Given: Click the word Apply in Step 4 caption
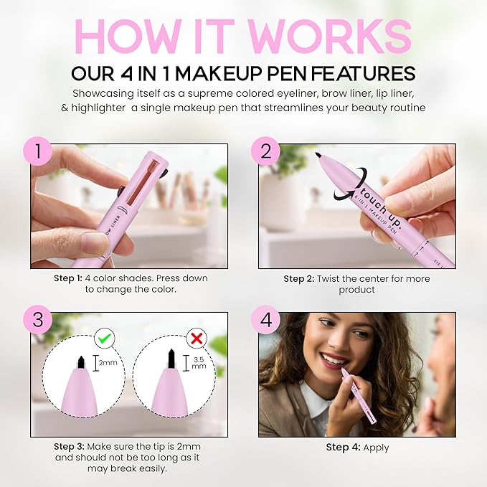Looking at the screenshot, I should (376, 447).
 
